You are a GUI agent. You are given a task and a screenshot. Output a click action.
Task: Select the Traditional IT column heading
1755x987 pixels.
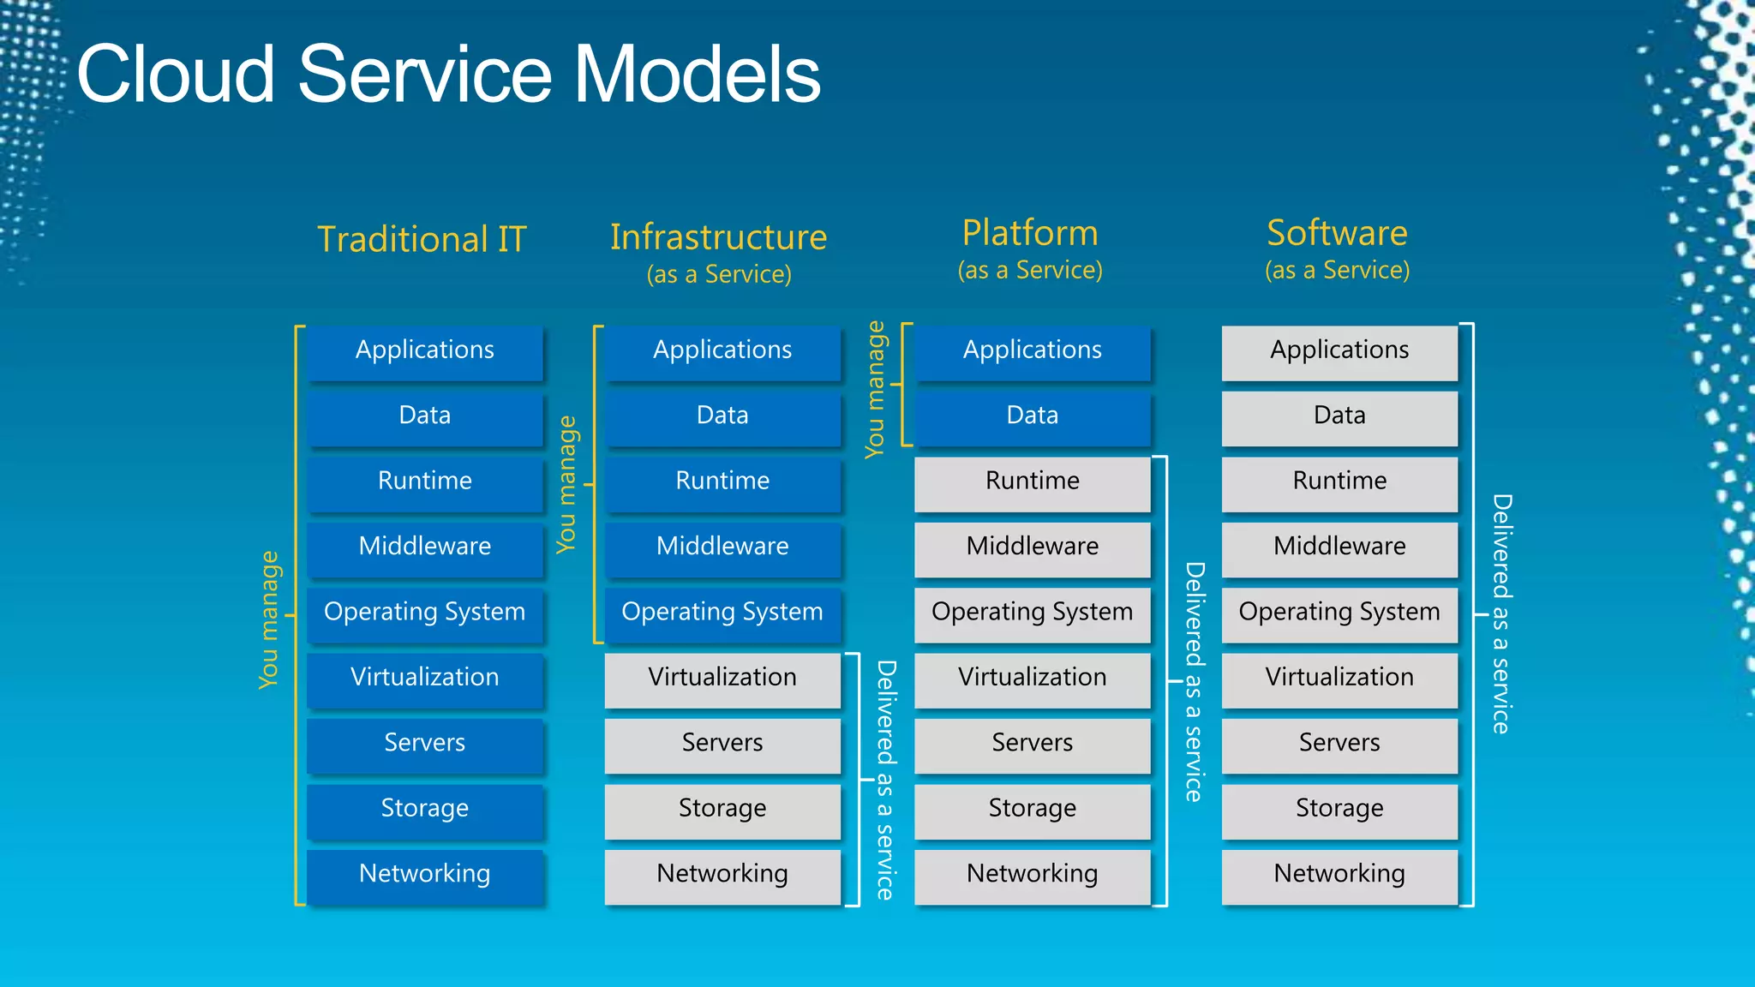click(x=422, y=239)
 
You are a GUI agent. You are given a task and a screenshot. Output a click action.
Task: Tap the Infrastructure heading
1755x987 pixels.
click(x=718, y=237)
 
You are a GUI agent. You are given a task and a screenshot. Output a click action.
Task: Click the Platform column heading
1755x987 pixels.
click(x=1029, y=233)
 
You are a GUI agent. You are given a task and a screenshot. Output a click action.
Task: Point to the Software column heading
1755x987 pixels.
click(x=1337, y=233)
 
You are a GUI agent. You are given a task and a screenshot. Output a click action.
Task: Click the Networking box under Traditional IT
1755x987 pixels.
click(x=425, y=875)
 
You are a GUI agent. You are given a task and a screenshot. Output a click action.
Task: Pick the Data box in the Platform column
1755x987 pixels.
click(x=1032, y=416)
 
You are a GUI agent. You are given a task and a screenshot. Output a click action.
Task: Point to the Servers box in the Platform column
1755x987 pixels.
click(x=1032, y=744)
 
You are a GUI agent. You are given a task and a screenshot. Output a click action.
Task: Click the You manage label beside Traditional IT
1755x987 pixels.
click(x=269, y=619)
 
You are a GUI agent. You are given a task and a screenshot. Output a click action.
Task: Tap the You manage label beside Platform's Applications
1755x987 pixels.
click(x=875, y=389)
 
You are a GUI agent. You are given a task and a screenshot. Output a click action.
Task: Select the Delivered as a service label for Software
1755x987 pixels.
click(x=1500, y=613)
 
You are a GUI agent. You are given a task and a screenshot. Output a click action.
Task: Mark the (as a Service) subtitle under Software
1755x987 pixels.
click(x=1337, y=271)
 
